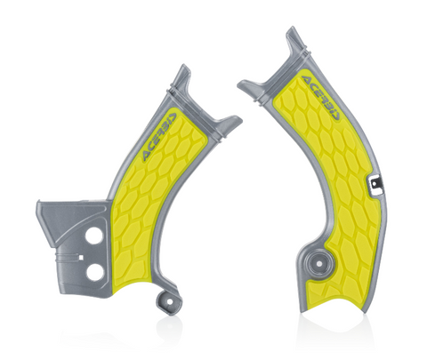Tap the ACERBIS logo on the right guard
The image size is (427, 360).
(322, 98)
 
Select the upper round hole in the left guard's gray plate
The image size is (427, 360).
(94, 236)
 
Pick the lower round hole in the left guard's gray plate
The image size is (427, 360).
(95, 272)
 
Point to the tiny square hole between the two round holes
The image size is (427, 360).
(80, 257)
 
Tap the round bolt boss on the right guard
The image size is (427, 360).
(318, 263)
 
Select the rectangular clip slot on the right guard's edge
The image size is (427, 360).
(375, 185)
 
